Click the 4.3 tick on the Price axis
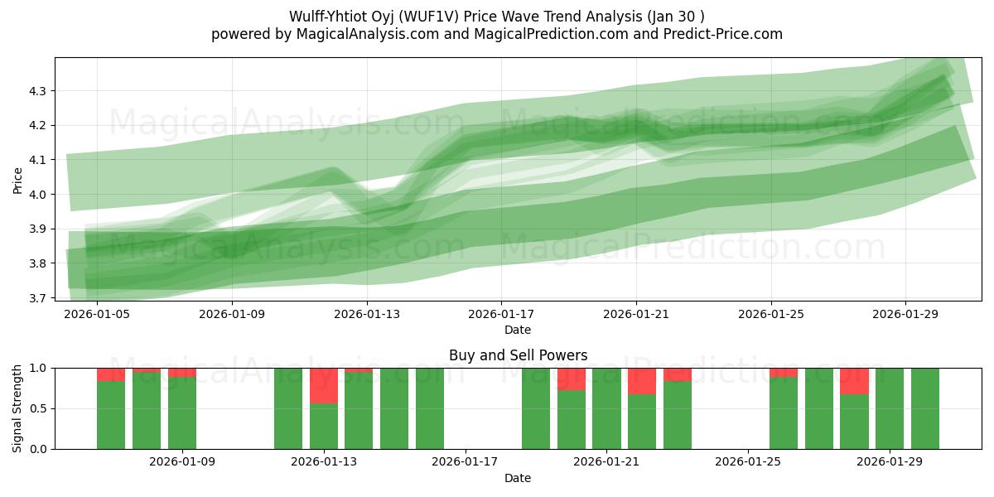38,90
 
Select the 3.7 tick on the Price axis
38,297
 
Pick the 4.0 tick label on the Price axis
38,194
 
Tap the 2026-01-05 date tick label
97,315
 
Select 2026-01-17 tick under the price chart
501,315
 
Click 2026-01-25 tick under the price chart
771,315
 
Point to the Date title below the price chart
518,331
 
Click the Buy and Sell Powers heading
518,355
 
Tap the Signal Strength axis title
17,408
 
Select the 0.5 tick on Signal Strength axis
38,408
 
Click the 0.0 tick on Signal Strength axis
38,449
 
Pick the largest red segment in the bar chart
324,386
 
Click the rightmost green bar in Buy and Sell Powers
924,408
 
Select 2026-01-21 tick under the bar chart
607,462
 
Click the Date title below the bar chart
518,478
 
